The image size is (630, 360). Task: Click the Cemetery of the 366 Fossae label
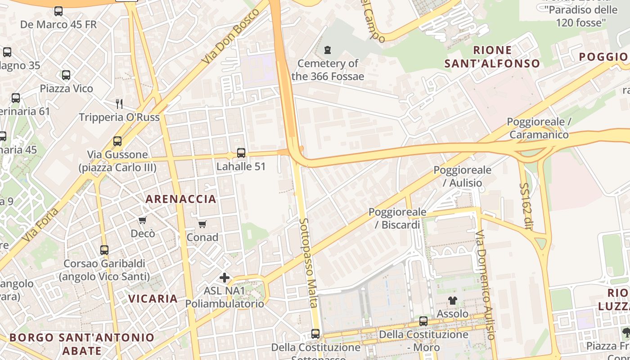[x=327, y=70]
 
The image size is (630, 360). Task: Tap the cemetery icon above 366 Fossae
[x=328, y=49]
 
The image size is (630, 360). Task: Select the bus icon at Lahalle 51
[x=241, y=153]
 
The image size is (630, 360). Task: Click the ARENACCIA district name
[x=181, y=199]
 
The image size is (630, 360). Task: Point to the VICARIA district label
[x=153, y=298]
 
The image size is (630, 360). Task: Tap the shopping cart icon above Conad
[x=202, y=224]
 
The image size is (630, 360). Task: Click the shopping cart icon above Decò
[x=143, y=220]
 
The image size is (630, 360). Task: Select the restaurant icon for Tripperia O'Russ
[x=119, y=104]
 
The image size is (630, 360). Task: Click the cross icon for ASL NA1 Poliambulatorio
[x=225, y=278]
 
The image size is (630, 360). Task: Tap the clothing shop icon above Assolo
[x=453, y=301]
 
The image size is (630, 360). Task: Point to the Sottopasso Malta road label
[x=309, y=263]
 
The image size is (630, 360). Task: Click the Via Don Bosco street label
[x=231, y=36]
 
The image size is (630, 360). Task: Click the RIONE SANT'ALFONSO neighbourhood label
[x=492, y=57]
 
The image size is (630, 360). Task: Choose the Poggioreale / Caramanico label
[x=539, y=128]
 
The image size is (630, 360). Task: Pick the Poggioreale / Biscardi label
[x=394, y=218]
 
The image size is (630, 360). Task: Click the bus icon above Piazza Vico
[x=66, y=75]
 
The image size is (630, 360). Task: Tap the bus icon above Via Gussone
[x=117, y=141]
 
